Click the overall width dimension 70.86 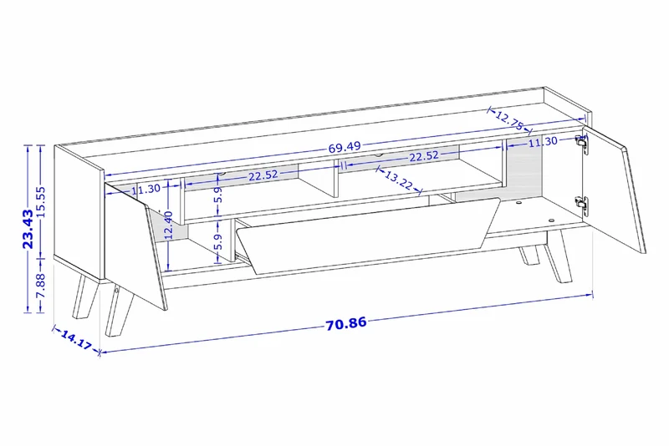pyautogui.click(x=346, y=323)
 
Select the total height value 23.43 pyautogui.click(x=28, y=229)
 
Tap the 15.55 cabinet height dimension pyautogui.click(x=41, y=202)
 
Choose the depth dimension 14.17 pyautogui.click(x=76, y=339)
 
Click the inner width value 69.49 pyautogui.click(x=345, y=147)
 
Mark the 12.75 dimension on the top pyautogui.click(x=509, y=120)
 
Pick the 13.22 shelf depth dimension pyautogui.click(x=399, y=180)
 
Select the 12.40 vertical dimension pyautogui.click(x=169, y=225)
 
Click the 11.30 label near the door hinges pyautogui.click(x=543, y=142)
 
